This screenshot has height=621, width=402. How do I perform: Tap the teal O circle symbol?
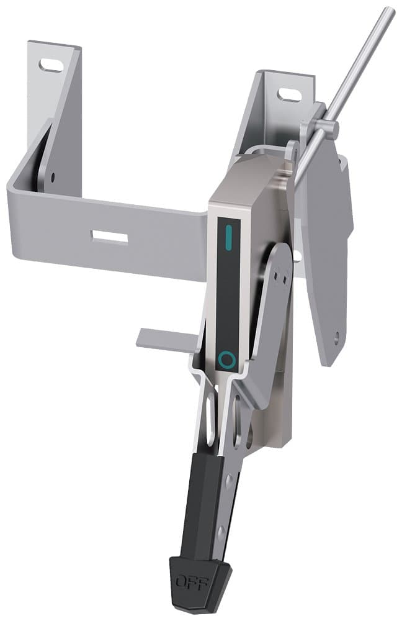coord(227,359)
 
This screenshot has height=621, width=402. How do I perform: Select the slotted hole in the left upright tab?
coord(50,65)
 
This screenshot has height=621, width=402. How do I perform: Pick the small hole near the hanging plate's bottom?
coord(336,338)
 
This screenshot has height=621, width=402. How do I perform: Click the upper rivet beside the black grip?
coord(230,479)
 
